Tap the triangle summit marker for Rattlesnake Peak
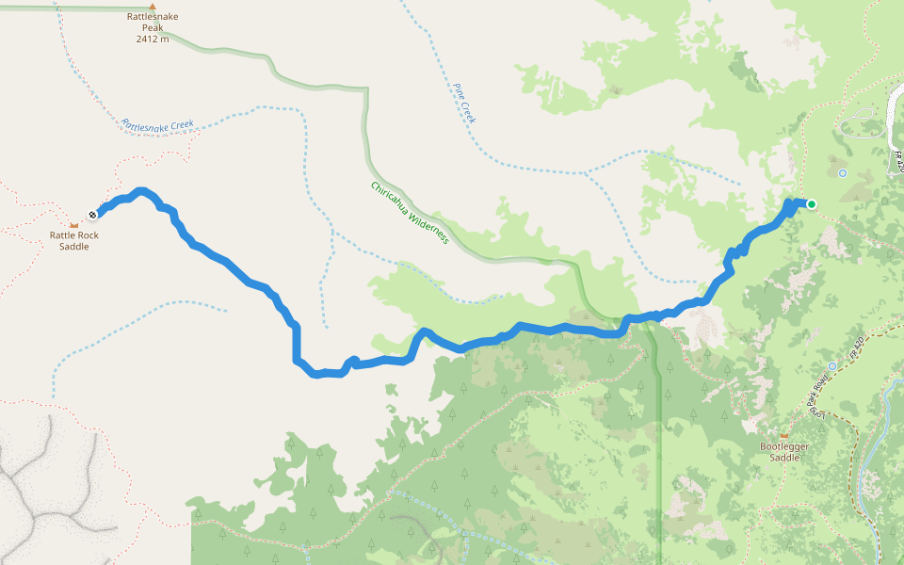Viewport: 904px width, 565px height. coord(153,6)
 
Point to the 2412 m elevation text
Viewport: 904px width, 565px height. coord(153,40)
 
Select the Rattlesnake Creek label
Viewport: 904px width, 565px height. coord(157,124)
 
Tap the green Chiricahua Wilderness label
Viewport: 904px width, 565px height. coord(409,213)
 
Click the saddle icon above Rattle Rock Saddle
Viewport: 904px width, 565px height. coord(74,225)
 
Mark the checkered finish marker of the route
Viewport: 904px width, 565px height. coord(93,214)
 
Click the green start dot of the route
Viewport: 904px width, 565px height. coord(811,203)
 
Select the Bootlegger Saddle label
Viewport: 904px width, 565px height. coord(784,451)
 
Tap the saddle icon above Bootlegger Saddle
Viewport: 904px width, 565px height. coord(783,435)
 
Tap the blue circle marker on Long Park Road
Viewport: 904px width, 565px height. coord(832,365)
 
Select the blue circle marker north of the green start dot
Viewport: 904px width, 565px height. coord(843,173)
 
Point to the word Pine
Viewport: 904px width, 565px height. coord(460,91)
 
